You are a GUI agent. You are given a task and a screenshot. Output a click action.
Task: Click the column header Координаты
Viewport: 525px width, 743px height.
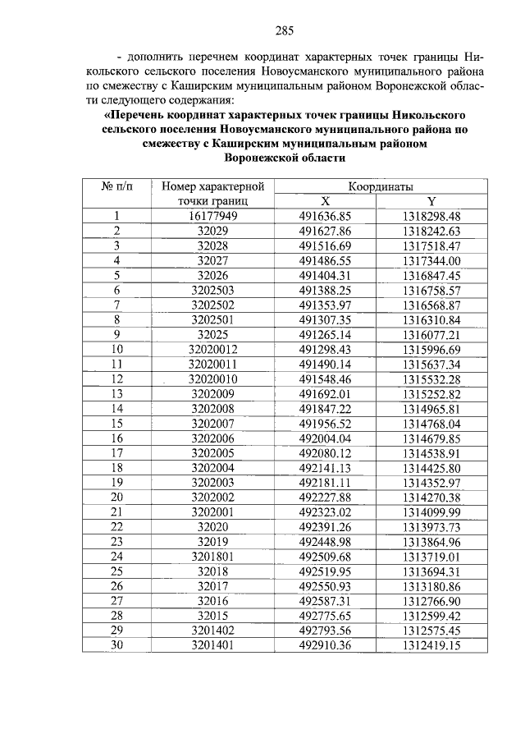379,186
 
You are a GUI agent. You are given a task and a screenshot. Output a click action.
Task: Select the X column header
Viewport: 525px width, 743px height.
325,201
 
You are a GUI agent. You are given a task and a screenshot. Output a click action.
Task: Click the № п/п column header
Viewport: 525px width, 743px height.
116,186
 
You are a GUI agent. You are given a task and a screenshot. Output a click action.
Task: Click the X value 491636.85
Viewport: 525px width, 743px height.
325,216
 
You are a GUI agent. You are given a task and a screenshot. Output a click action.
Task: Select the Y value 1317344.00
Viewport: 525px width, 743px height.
432,260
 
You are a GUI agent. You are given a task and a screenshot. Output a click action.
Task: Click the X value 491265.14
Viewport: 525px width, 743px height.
325,334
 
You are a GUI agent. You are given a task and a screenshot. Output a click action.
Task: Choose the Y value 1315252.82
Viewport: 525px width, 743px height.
432,393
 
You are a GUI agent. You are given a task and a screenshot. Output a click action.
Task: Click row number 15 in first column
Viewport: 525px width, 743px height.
116,423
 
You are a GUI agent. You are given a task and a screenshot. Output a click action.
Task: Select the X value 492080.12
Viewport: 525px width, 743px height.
325,452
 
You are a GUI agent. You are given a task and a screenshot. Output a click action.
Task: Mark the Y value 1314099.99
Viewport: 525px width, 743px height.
432,511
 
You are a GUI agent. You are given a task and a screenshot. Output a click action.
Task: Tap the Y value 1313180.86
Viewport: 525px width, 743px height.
432,585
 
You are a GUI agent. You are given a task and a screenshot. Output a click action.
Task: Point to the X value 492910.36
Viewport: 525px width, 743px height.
325,644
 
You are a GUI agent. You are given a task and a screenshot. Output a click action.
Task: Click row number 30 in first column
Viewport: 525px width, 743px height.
116,644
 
